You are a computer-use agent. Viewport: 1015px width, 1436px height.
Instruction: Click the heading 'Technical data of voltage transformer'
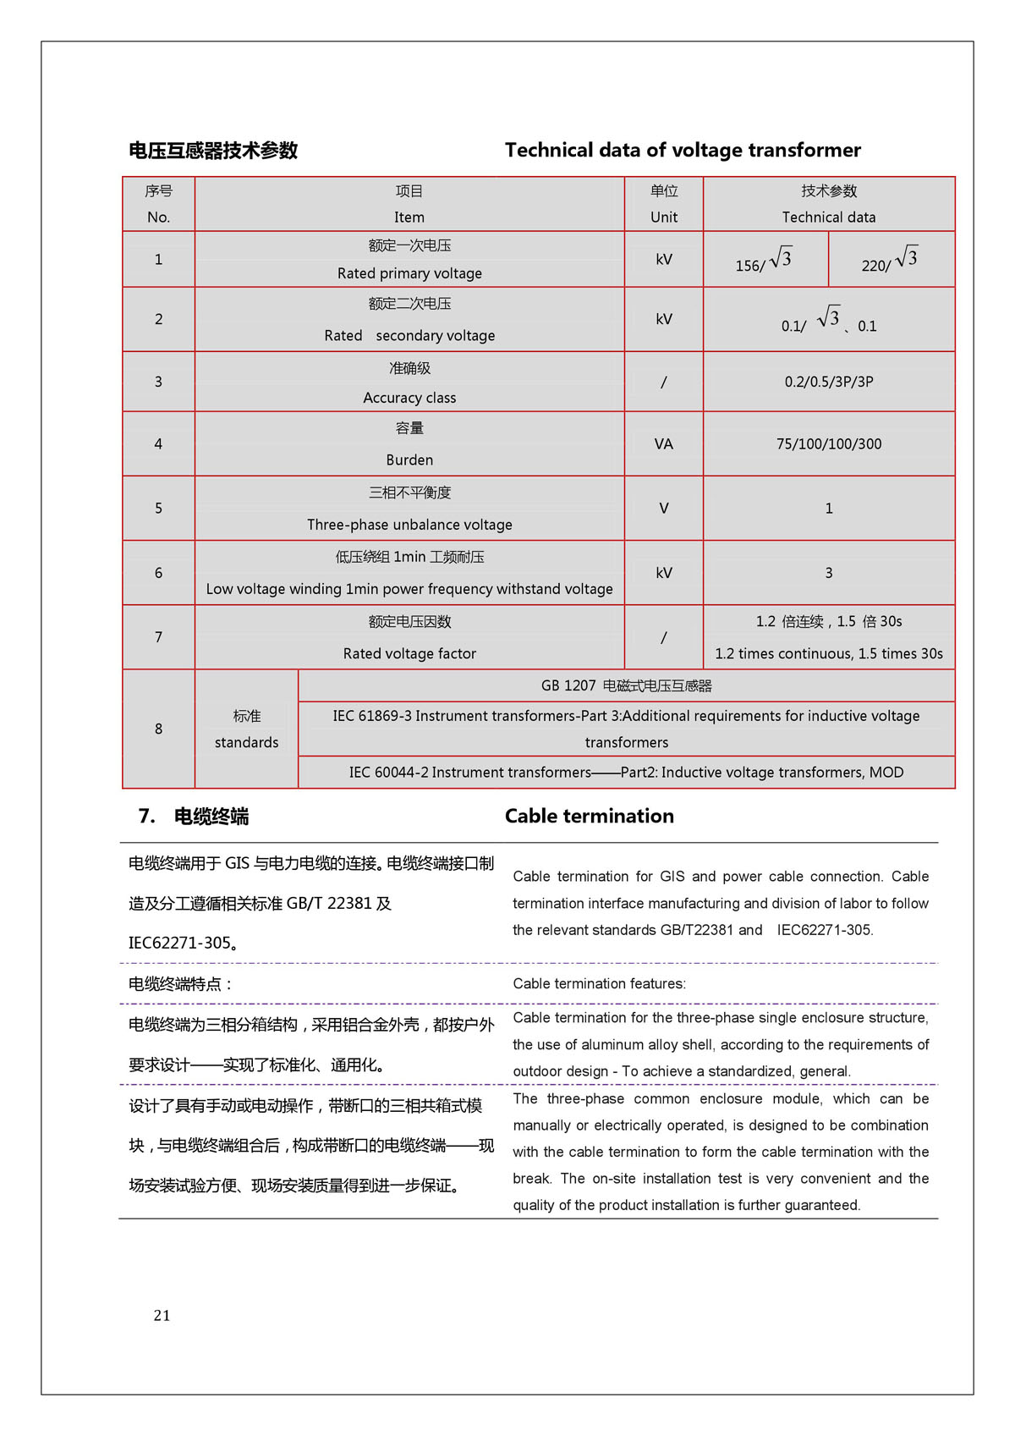pyautogui.click(x=683, y=151)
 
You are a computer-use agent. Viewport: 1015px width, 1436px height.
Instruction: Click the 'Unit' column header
pyautogui.click(x=664, y=217)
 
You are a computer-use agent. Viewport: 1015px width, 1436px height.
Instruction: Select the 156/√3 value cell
pyautogui.click(x=764, y=261)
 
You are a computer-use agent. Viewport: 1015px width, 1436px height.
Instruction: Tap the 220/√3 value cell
pyautogui.click(x=890, y=261)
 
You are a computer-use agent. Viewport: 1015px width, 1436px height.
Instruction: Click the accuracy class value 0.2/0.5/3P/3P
pyautogui.click(x=829, y=382)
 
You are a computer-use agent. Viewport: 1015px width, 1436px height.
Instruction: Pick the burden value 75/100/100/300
pyautogui.click(x=829, y=444)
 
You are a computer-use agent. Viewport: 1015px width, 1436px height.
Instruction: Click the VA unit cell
pyautogui.click(x=664, y=444)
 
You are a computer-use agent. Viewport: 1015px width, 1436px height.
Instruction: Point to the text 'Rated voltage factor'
pyautogui.click(x=409, y=653)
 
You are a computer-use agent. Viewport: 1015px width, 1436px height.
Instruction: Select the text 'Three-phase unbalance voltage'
pyautogui.click(x=409, y=525)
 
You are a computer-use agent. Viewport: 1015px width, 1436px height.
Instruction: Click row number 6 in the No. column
pyautogui.click(x=158, y=573)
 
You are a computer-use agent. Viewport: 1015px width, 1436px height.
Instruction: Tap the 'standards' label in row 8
pyautogui.click(x=246, y=742)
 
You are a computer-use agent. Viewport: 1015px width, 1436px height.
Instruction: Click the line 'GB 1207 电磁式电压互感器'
pyautogui.click(x=626, y=685)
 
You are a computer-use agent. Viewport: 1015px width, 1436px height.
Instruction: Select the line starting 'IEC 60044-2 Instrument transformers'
pyautogui.click(x=626, y=773)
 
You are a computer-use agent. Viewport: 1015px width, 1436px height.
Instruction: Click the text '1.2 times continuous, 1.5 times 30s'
pyautogui.click(x=829, y=653)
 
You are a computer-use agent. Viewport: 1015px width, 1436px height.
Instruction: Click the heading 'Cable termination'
pyautogui.click(x=590, y=817)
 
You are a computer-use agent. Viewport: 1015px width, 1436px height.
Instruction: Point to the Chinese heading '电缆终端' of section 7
pyautogui.click(x=211, y=817)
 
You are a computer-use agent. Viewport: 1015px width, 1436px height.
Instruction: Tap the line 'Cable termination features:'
pyautogui.click(x=599, y=983)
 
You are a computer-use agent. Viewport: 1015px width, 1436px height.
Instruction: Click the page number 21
pyautogui.click(x=162, y=1315)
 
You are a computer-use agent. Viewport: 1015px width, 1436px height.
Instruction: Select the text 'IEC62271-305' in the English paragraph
pyautogui.click(x=824, y=930)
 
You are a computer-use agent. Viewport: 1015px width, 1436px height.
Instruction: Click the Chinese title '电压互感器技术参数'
pyautogui.click(x=213, y=151)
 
